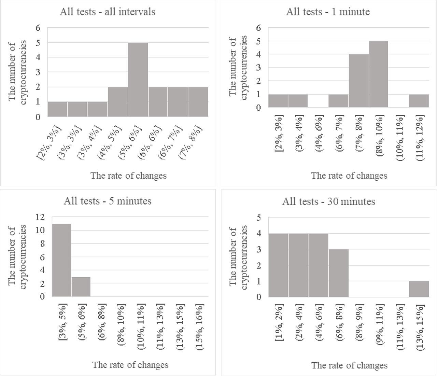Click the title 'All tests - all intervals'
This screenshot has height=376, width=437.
[108, 12]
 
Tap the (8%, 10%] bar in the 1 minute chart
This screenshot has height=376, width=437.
[378, 74]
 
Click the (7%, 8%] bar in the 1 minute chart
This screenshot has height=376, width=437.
[358, 81]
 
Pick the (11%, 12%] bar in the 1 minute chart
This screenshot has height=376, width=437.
[419, 101]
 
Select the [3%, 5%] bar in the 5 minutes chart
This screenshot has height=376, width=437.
[61, 260]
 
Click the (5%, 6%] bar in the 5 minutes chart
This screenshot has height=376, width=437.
[81, 287]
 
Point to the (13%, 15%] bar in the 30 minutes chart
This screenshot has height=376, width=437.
[419, 289]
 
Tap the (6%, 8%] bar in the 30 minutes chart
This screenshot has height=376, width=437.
[338, 273]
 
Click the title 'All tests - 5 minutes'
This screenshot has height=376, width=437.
[108, 201]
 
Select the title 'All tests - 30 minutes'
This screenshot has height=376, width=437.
[328, 201]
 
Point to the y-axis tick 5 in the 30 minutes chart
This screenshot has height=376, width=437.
[258, 218]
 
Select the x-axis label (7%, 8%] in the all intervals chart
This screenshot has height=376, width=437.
[190, 142]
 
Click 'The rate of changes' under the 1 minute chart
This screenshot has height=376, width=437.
[349, 176]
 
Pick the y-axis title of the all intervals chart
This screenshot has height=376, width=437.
[17, 72]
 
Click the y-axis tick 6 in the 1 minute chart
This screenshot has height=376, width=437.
[258, 28]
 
